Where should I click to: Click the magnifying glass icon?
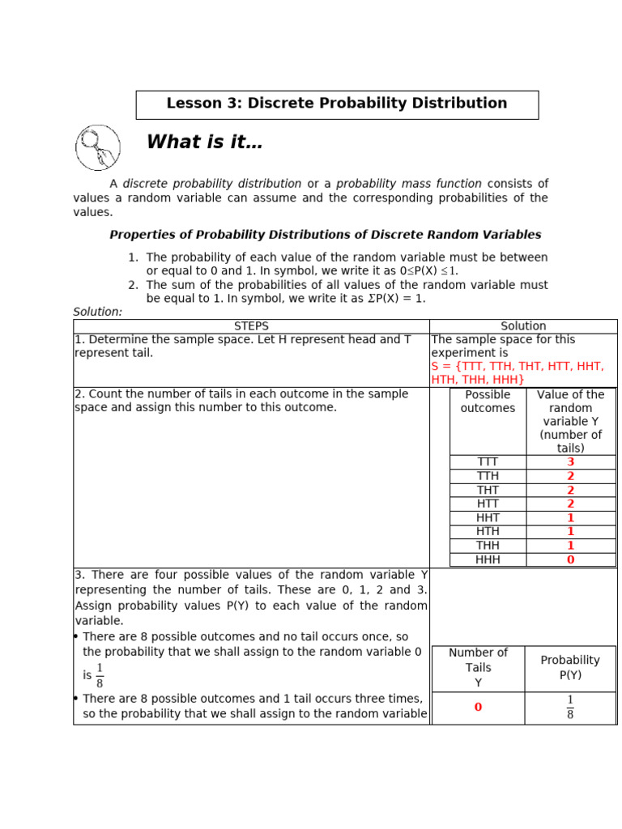coord(98,147)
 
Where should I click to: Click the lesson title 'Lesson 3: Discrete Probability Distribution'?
coord(336,104)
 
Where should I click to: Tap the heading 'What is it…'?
coord(204,143)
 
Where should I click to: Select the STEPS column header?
coord(251,326)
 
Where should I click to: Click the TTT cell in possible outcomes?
coord(488,462)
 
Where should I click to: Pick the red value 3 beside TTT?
coord(570,462)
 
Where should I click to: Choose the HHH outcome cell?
coord(488,559)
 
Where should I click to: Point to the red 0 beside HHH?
coord(570,559)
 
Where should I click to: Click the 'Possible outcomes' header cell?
coord(488,402)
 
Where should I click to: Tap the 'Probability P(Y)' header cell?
coord(570,668)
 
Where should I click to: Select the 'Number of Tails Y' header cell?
coord(478,668)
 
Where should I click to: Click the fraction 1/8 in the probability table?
coord(570,707)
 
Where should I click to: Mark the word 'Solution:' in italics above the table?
coord(98,312)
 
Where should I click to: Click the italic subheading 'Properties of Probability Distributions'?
coord(325,235)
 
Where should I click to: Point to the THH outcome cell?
coord(488,546)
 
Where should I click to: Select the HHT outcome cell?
coord(488,517)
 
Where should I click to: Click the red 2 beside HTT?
coord(570,504)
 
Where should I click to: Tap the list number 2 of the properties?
coord(133,285)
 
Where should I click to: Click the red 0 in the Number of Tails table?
coord(478,707)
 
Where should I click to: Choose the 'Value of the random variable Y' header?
coord(570,421)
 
